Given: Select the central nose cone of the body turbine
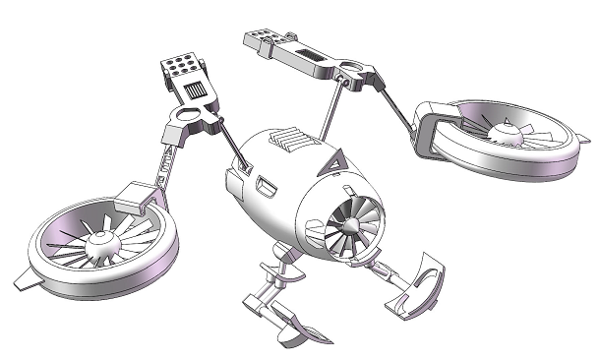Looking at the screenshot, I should point(344,228).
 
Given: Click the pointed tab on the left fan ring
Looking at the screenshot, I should point(26,279).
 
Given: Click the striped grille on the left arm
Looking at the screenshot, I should point(196,92).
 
